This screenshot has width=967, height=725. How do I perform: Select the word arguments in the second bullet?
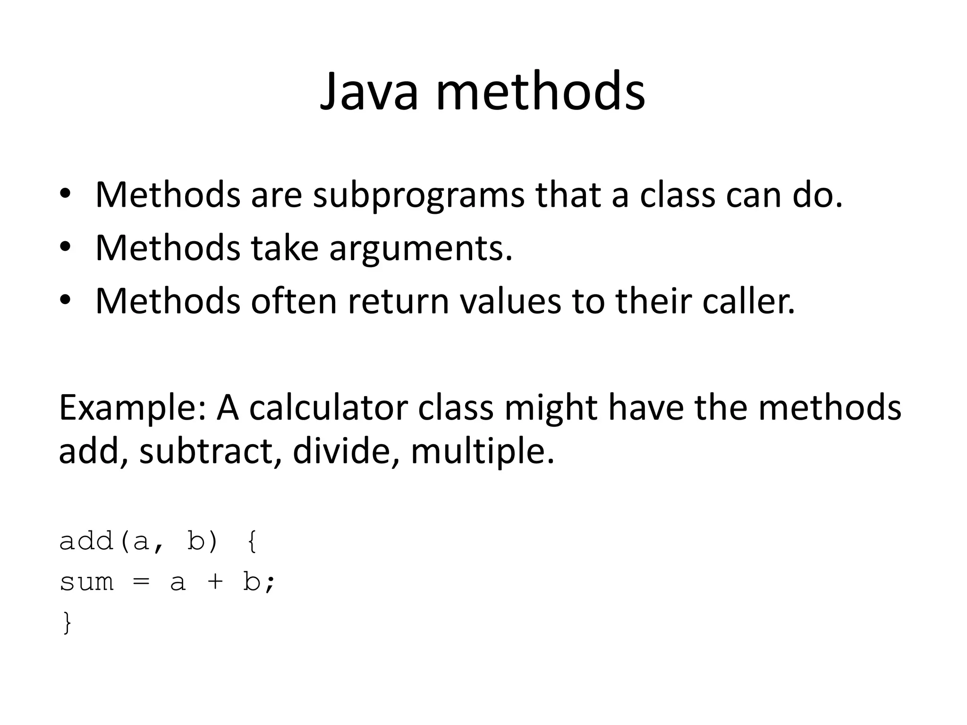click(420, 249)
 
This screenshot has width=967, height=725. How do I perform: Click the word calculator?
click(328, 408)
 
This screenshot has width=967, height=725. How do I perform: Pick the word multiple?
click(482, 452)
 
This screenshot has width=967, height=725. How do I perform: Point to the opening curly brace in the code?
click(252, 542)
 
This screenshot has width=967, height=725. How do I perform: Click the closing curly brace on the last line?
click(67, 623)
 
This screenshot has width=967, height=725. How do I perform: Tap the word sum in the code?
click(87, 582)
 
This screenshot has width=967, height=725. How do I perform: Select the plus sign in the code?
click(215, 582)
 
